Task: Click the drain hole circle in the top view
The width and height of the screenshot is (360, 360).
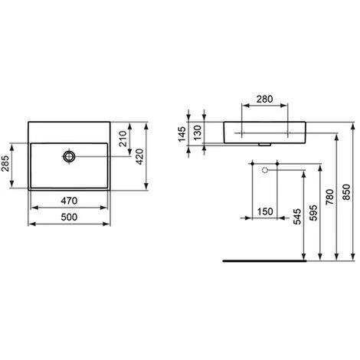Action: (x=70, y=156)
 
